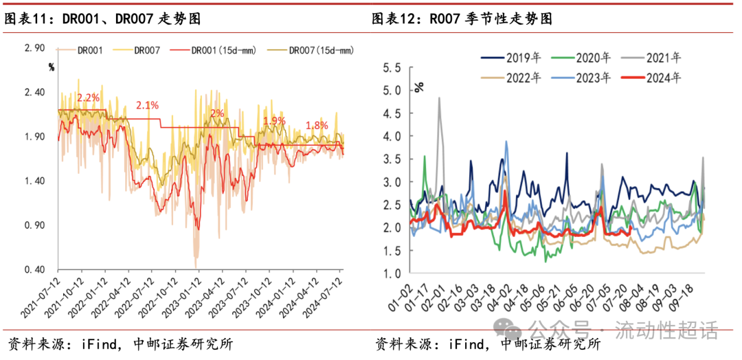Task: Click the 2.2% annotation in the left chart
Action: point(89,98)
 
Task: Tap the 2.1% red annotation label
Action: point(147,105)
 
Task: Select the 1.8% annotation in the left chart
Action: point(317,125)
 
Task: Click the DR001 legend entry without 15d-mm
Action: point(89,50)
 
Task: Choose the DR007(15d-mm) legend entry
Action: point(321,50)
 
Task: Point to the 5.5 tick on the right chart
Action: point(392,67)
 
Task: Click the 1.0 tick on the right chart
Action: point(392,273)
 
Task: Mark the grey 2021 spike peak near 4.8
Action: point(439,98)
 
